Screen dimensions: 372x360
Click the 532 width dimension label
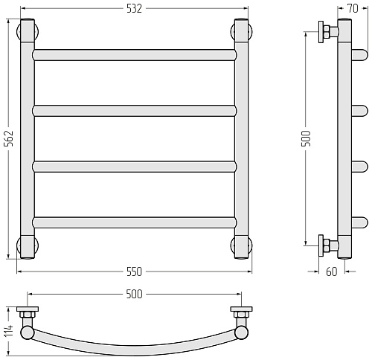[134, 9]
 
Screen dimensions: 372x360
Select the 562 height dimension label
[9, 138]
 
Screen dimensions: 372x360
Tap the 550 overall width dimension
[134, 271]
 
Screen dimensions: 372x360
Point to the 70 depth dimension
[353, 9]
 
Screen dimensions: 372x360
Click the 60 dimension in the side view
[332, 271]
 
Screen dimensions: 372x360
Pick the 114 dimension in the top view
[9, 331]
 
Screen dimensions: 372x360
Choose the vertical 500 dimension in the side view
[306, 138]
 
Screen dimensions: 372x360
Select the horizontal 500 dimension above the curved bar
[134, 295]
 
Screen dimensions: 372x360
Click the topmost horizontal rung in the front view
[134, 55]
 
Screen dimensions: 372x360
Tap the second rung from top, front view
[134, 111]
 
